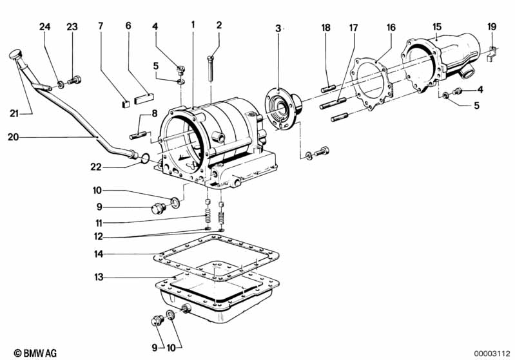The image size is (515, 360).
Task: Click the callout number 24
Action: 45,27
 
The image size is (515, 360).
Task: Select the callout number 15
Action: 437,27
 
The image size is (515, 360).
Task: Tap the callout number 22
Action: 96,167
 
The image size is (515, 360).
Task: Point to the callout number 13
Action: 99,278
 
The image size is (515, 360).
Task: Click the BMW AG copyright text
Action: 35,353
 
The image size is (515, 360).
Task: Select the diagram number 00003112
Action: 492,354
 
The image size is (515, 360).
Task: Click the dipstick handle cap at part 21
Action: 15,54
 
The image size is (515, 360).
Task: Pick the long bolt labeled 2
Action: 211,68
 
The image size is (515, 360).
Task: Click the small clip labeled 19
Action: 491,54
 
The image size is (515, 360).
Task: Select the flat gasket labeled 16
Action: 371,84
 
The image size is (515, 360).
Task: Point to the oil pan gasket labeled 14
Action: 217,258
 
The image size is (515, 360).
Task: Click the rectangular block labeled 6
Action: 144,99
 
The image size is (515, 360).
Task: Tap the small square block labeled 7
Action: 126,104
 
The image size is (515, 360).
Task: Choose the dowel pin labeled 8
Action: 138,135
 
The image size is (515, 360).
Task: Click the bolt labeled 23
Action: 75,80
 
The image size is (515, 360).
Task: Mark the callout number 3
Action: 278,28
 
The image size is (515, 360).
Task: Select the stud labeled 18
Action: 328,88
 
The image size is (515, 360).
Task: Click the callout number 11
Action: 99,223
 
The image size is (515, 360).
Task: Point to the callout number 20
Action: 13,137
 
